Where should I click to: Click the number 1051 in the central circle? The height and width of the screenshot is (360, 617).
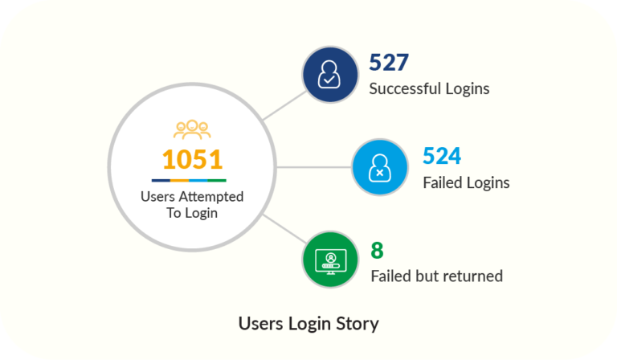tap(192, 159)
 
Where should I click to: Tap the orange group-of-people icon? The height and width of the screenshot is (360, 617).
tap(192, 129)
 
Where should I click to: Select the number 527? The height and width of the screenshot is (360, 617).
tap(390, 63)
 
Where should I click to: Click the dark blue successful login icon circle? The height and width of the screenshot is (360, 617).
tap(329, 73)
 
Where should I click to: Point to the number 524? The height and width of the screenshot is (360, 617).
tap(442, 157)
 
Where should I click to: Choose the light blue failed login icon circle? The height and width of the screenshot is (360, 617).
tap(379, 168)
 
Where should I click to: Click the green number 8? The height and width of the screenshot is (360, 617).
tap(377, 250)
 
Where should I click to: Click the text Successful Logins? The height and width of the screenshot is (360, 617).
tap(429, 88)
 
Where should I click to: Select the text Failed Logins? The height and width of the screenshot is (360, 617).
tap(466, 182)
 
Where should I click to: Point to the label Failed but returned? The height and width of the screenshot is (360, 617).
tap(436, 276)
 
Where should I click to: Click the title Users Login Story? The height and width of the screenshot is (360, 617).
tap(308, 324)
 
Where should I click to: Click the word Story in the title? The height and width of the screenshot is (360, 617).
tap(358, 325)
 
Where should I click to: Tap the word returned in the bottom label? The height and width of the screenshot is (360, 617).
tap(474, 276)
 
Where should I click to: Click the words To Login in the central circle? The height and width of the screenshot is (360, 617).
tap(192, 213)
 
